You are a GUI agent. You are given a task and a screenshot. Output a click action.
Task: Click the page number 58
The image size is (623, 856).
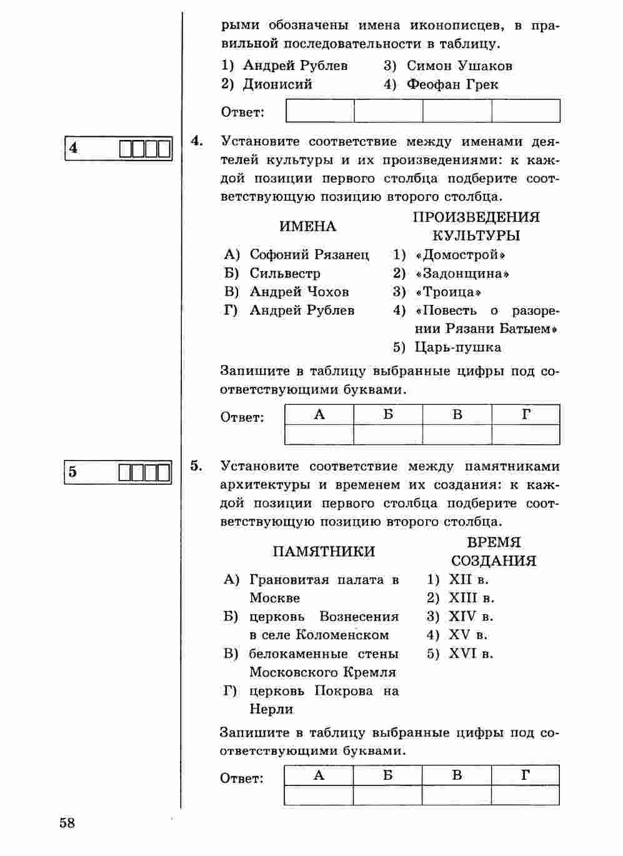[67, 823]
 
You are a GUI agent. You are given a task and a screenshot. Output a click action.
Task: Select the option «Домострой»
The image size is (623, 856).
[459, 255]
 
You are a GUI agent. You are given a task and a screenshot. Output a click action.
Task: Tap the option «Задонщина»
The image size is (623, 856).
[462, 274]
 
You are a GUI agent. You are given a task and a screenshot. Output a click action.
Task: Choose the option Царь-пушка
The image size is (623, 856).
[457, 347]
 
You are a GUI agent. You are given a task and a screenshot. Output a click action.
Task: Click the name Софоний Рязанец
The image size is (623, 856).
[309, 255]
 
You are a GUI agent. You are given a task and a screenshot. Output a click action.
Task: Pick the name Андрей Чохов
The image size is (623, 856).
[299, 292]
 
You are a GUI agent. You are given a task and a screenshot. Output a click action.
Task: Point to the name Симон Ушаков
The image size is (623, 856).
[459, 66]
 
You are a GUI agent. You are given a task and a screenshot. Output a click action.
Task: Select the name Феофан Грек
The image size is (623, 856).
[452, 84]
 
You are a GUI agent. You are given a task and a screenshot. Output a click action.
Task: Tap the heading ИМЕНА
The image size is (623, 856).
[307, 227]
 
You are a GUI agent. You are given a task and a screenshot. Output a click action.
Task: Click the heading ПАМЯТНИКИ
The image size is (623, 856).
[324, 552]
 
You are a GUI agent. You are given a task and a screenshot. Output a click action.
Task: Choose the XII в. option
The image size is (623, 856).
[468, 580]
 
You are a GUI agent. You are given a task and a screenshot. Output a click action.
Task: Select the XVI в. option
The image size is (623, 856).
[471, 654]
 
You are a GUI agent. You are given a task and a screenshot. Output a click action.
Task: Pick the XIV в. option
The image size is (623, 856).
[471, 617]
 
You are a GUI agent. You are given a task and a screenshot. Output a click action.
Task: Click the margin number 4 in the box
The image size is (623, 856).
[74, 148]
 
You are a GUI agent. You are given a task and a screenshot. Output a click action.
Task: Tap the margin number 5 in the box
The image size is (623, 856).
[73, 472]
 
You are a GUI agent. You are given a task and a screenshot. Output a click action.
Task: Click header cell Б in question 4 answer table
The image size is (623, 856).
[388, 415]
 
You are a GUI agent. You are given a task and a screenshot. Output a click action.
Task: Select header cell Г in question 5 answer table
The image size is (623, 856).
[526, 775]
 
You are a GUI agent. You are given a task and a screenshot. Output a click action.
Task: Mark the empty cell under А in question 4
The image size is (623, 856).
[319, 434]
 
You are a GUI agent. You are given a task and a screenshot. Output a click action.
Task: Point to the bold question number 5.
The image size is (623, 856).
[196, 465]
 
